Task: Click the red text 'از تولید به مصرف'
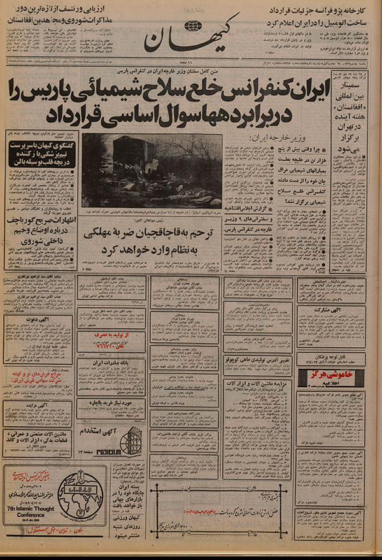(x=103, y=334)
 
